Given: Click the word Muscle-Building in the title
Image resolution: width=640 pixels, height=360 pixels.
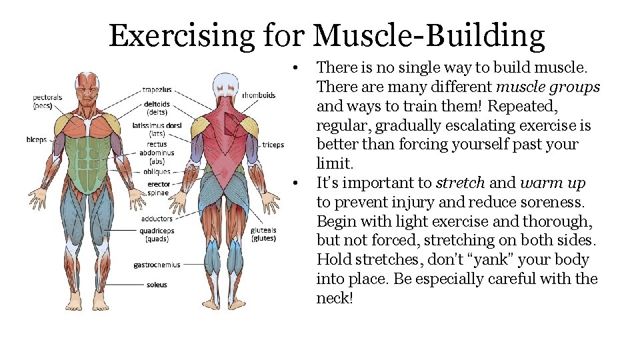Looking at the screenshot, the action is [428, 36].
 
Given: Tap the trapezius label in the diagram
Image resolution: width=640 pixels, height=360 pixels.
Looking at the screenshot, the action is [157, 89].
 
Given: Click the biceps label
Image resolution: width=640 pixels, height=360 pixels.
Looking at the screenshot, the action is [36, 141].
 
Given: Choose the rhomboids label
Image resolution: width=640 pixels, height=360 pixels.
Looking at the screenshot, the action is [259, 95].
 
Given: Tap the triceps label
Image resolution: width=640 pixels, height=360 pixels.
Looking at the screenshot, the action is [273, 145].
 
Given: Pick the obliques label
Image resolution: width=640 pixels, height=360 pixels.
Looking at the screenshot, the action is [157, 171].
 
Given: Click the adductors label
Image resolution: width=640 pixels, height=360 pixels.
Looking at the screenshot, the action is [157, 219].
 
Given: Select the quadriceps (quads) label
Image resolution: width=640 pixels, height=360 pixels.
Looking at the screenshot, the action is [157, 235].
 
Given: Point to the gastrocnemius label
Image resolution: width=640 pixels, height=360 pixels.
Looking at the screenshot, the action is [157, 265].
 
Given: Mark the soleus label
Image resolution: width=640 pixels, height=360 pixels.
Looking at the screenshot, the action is [157, 285].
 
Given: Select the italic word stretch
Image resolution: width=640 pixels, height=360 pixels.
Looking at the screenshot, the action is [457, 183].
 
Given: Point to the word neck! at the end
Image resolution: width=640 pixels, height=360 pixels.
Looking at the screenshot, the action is [334, 298].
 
